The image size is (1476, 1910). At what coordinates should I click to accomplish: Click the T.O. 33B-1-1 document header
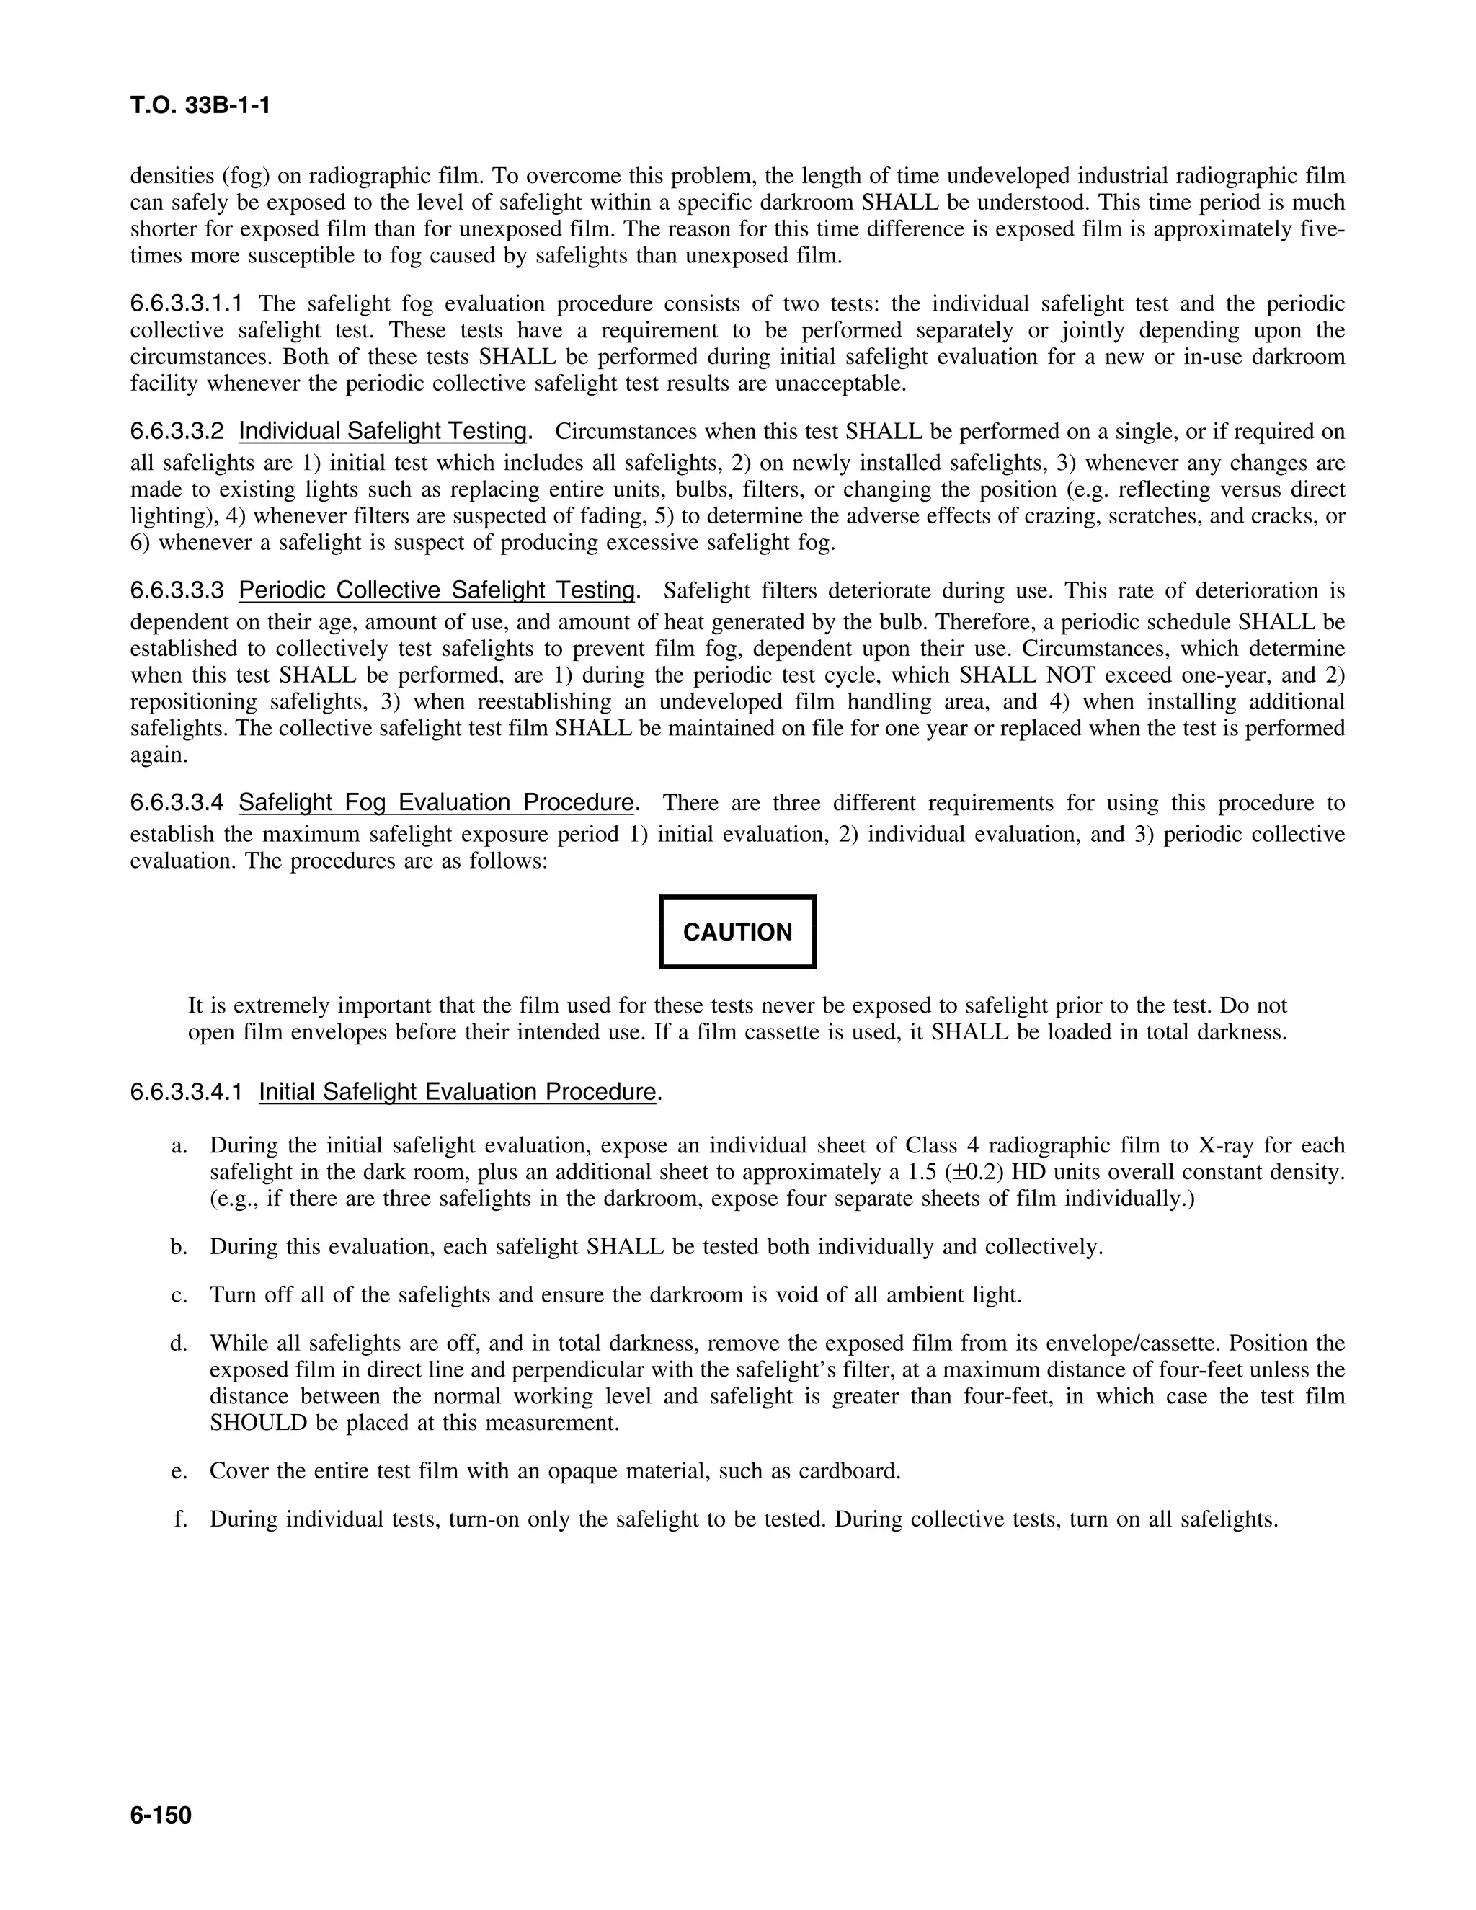pyautogui.click(x=200, y=106)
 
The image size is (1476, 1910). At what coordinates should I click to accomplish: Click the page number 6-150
pyautogui.click(x=161, y=1816)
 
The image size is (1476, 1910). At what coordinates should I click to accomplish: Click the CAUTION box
pyautogui.click(x=737, y=931)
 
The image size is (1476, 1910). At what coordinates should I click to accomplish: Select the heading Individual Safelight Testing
pyautogui.click(x=383, y=431)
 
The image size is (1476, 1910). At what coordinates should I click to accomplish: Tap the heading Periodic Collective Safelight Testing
pyautogui.click(x=436, y=590)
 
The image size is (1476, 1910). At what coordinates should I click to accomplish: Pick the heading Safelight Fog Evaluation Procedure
pyautogui.click(x=435, y=802)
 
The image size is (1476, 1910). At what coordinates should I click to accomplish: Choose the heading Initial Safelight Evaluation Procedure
pyautogui.click(x=456, y=1091)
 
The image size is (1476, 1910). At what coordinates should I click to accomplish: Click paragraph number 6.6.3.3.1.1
pyautogui.click(x=186, y=303)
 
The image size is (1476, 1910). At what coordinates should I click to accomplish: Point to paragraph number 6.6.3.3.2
pyautogui.click(x=177, y=431)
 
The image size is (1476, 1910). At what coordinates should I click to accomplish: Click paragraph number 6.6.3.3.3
pyautogui.click(x=177, y=590)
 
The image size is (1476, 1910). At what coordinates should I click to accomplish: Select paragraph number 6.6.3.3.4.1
pyautogui.click(x=186, y=1091)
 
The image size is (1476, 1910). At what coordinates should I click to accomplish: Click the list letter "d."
pyautogui.click(x=179, y=1343)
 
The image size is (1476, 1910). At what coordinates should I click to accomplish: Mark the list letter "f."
pyautogui.click(x=180, y=1519)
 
